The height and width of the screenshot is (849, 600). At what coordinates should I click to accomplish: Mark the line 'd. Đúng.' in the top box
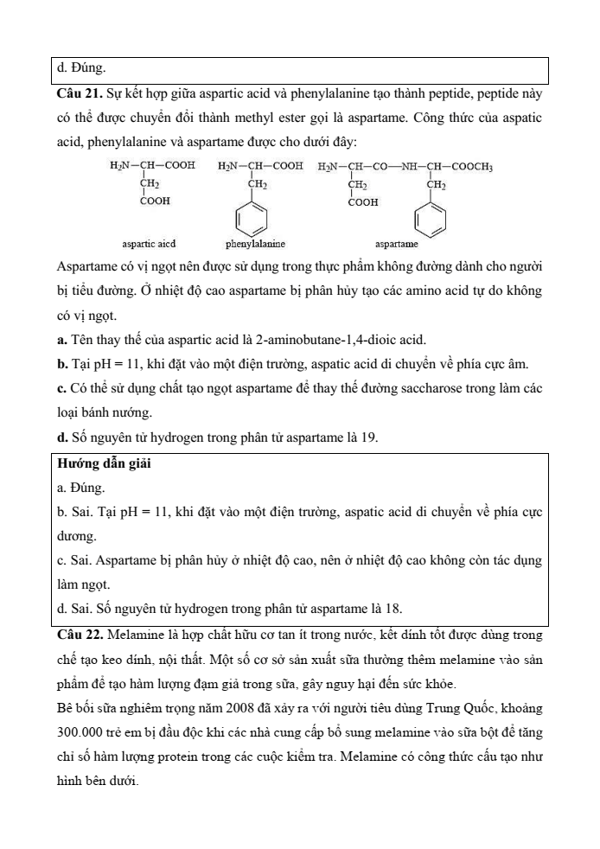pyautogui.click(x=81, y=66)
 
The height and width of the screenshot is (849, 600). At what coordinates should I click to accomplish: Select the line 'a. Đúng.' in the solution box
pyautogui.click(x=80, y=488)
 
